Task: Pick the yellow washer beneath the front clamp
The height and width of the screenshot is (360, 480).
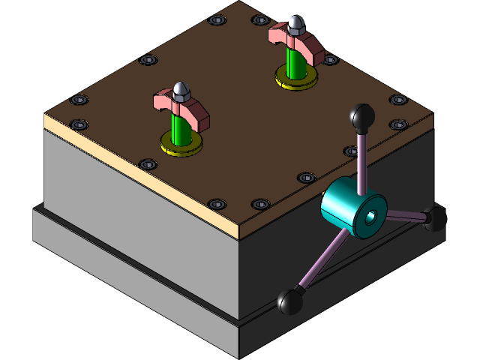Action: (x=181, y=144)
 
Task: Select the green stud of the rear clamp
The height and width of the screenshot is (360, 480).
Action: (x=295, y=64)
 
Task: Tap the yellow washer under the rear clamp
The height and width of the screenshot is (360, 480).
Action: (x=295, y=79)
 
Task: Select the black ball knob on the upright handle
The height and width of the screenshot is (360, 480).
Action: (x=363, y=117)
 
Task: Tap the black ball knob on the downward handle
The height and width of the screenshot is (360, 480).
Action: (x=290, y=302)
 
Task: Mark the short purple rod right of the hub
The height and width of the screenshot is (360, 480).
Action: (x=406, y=217)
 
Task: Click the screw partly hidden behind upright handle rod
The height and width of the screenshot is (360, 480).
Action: (x=352, y=151)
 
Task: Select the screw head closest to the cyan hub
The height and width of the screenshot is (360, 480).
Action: (x=307, y=178)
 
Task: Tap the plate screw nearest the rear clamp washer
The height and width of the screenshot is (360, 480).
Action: (x=329, y=59)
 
